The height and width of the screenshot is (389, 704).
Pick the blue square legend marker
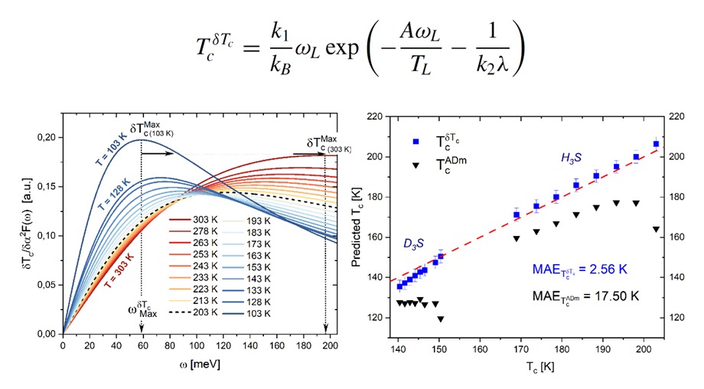coord(416,142)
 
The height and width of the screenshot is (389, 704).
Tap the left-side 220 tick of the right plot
coord(376,117)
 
